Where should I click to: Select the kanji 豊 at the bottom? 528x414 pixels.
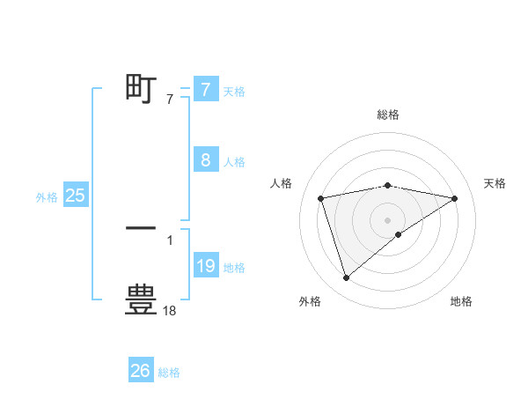tap(141, 299)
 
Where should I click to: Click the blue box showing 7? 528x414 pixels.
tap(205, 89)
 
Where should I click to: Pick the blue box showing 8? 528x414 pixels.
tap(205, 160)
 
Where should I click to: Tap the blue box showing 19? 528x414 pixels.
tap(205, 266)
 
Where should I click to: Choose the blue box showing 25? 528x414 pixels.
tap(76, 196)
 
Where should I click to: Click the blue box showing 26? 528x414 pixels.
tap(141, 371)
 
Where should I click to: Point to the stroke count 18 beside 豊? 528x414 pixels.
tap(170, 310)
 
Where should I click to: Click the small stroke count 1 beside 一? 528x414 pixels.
tap(170, 240)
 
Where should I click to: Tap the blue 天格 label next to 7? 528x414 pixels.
tap(234, 91)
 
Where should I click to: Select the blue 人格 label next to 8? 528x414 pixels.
tap(234, 162)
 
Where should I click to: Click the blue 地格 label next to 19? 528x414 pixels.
tap(234, 268)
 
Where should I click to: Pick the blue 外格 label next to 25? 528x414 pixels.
tap(47, 198)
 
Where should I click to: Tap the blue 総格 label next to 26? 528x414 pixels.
tap(169, 373)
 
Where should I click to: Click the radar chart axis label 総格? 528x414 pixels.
tap(387, 115)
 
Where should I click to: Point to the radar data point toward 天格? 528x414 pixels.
tap(454, 198)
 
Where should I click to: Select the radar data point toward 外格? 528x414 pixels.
tap(346, 277)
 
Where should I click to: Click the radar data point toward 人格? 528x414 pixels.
tap(321, 198)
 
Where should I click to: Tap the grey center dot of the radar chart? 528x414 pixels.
tap(387, 219)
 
